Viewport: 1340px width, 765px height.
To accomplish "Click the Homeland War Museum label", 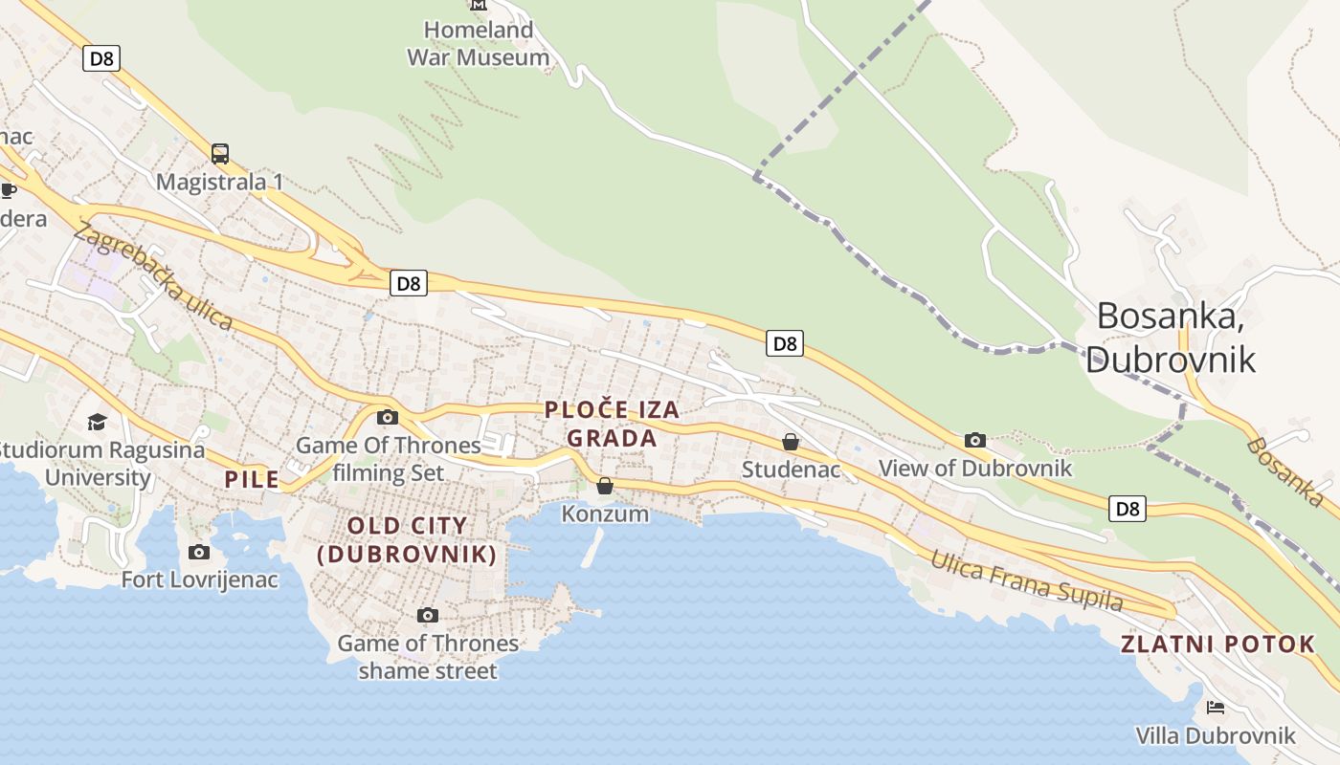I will click(x=479, y=44).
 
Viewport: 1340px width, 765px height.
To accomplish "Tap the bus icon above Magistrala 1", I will click(x=220, y=154).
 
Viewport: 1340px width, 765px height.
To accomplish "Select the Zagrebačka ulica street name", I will click(x=153, y=276).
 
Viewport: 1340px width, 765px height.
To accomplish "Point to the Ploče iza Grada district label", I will click(x=613, y=424).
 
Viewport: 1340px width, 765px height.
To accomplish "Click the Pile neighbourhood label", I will click(x=252, y=479).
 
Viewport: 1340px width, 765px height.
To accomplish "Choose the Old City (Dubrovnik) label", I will click(x=407, y=539).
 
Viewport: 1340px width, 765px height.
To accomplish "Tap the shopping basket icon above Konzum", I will click(x=605, y=486).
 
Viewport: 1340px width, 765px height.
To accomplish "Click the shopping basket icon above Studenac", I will click(x=791, y=442).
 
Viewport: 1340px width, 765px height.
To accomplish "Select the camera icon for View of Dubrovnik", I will click(x=975, y=441).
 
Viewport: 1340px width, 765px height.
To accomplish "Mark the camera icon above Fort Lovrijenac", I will click(x=199, y=552).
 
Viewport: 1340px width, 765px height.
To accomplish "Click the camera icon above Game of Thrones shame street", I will click(x=428, y=615).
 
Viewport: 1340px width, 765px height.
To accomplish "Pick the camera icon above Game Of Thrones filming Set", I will click(x=388, y=417).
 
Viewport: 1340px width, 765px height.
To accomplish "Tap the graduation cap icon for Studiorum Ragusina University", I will click(x=97, y=422).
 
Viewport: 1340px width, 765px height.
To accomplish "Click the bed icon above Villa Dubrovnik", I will click(x=1216, y=708).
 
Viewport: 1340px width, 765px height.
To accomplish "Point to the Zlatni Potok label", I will click(x=1218, y=645).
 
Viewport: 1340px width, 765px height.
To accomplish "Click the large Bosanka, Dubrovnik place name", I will click(x=1170, y=337).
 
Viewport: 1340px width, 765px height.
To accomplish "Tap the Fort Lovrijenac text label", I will click(x=200, y=579).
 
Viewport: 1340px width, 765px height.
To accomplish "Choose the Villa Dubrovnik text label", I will click(x=1216, y=735).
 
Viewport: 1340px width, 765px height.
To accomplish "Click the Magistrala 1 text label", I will click(x=219, y=182).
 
